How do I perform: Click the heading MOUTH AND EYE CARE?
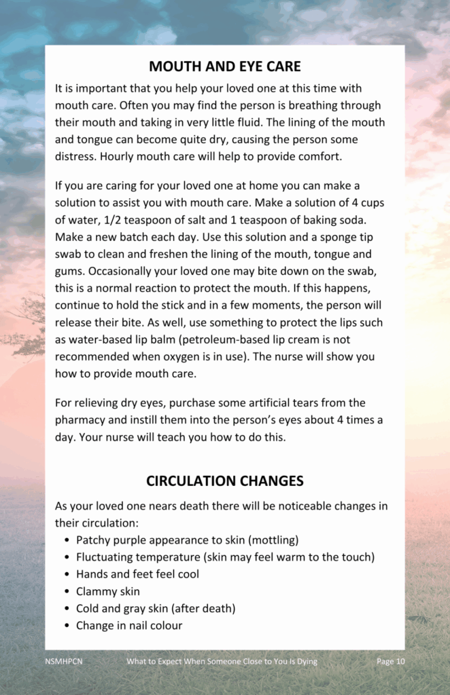224,67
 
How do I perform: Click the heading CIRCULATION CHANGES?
224,481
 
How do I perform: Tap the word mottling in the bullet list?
272,540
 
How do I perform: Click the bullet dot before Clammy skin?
67,591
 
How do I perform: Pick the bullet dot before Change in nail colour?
67,626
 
